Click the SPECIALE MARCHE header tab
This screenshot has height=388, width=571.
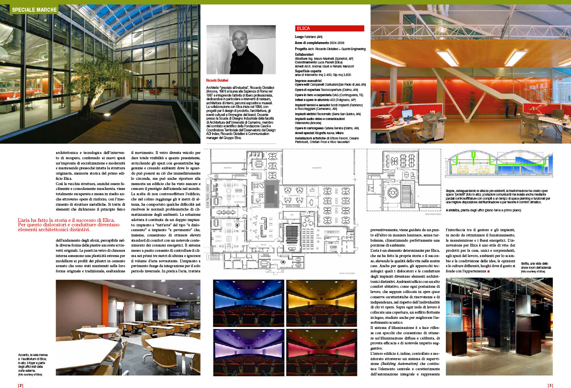(34, 9)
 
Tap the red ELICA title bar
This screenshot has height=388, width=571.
(329, 28)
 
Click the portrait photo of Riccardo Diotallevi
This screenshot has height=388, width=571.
(241, 50)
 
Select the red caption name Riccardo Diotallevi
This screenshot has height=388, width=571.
(217, 80)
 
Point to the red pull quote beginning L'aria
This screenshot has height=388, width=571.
(69, 225)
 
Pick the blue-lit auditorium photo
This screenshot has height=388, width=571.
(248, 303)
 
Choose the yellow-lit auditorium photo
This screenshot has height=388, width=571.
(321, 303)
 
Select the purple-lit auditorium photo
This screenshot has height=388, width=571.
(248, 350)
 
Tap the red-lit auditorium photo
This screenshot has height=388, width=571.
(321, 350)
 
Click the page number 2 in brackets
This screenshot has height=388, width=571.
(21, 385)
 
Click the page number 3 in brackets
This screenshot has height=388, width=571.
(550, 385)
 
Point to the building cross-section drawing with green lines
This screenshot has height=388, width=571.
(499, 164)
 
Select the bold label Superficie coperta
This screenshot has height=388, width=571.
(308, 71)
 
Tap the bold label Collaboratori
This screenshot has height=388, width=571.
(304, 54)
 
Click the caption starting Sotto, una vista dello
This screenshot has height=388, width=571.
(535, 267)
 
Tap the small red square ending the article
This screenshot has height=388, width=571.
(489, 271)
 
